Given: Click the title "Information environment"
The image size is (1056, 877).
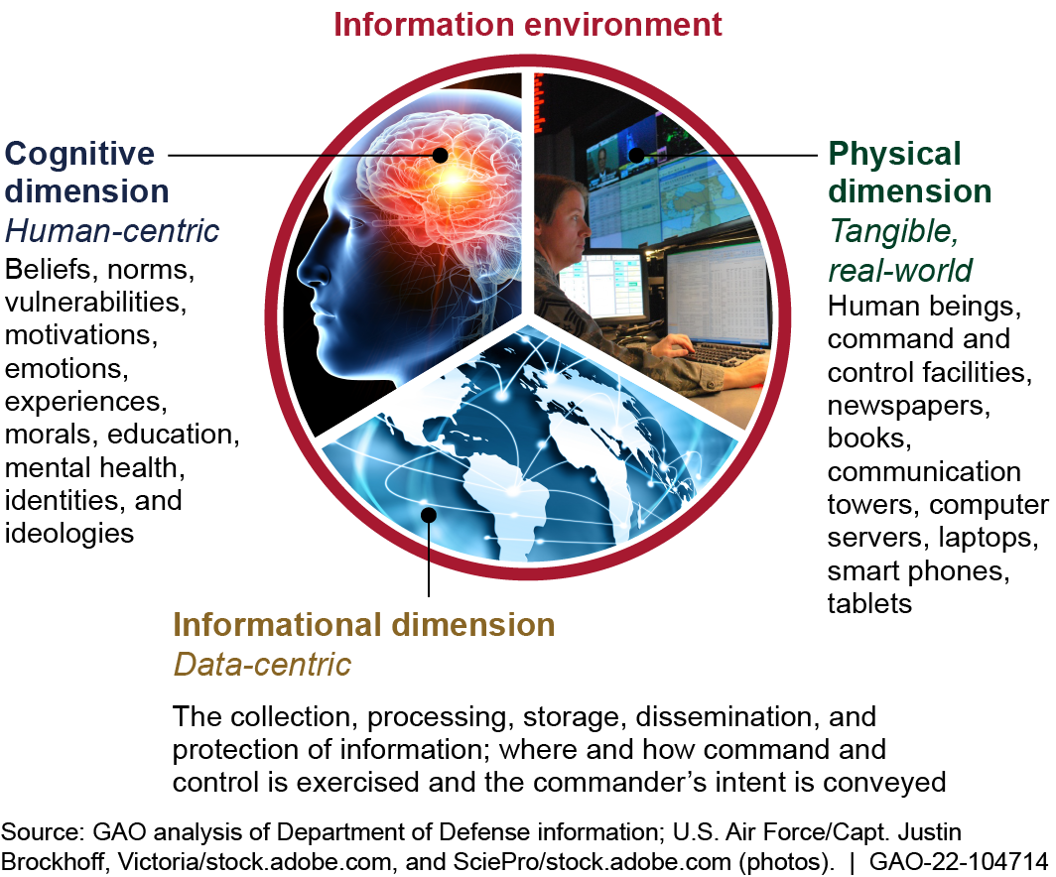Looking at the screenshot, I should [x=528, y=24].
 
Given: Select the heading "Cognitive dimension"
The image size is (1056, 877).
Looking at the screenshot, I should [x=86, y=171].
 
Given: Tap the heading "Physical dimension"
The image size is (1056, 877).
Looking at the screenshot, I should [x=910, y=171].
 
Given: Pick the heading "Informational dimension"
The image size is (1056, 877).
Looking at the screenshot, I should [x=364, y=625].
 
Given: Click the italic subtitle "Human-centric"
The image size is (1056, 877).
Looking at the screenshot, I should [x=112, y=231].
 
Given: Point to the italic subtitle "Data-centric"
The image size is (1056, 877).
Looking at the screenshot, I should [x=262, y=664].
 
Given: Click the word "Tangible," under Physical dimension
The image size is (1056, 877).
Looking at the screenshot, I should [x=894, y=231].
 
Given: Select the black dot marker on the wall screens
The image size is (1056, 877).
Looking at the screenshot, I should [x=635, y=155].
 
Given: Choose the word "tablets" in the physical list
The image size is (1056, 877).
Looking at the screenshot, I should [x=869, y=603].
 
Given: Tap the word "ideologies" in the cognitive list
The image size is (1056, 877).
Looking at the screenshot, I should [x=69, y=533].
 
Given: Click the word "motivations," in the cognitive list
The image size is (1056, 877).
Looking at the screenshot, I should [x=81, y=334].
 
